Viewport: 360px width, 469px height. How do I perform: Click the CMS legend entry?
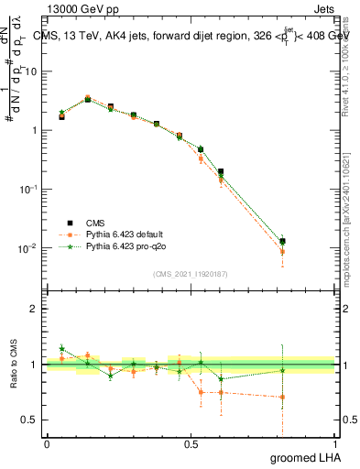pos(96,223)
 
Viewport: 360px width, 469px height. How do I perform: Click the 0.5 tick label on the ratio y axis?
pos(30,419)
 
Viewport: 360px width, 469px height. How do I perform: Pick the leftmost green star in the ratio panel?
pos(61,349)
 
